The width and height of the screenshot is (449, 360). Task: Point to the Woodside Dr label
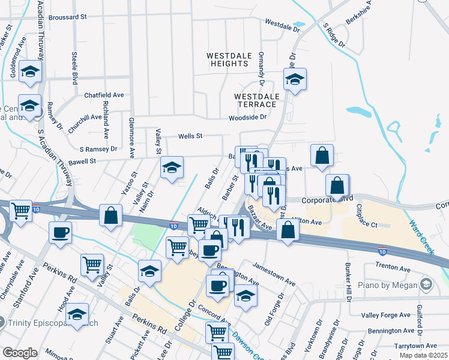point(247,118)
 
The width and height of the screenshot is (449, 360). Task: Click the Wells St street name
point(190,136)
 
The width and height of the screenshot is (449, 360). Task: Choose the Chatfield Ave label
point(104,95)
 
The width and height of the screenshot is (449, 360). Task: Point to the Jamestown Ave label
point(274,273)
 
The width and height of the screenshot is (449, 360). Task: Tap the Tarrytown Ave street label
point(415,346)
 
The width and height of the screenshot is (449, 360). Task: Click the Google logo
point(20,353)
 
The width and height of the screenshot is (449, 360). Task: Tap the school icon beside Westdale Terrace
point(295,79)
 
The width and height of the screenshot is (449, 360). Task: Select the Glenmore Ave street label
point(131,137)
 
